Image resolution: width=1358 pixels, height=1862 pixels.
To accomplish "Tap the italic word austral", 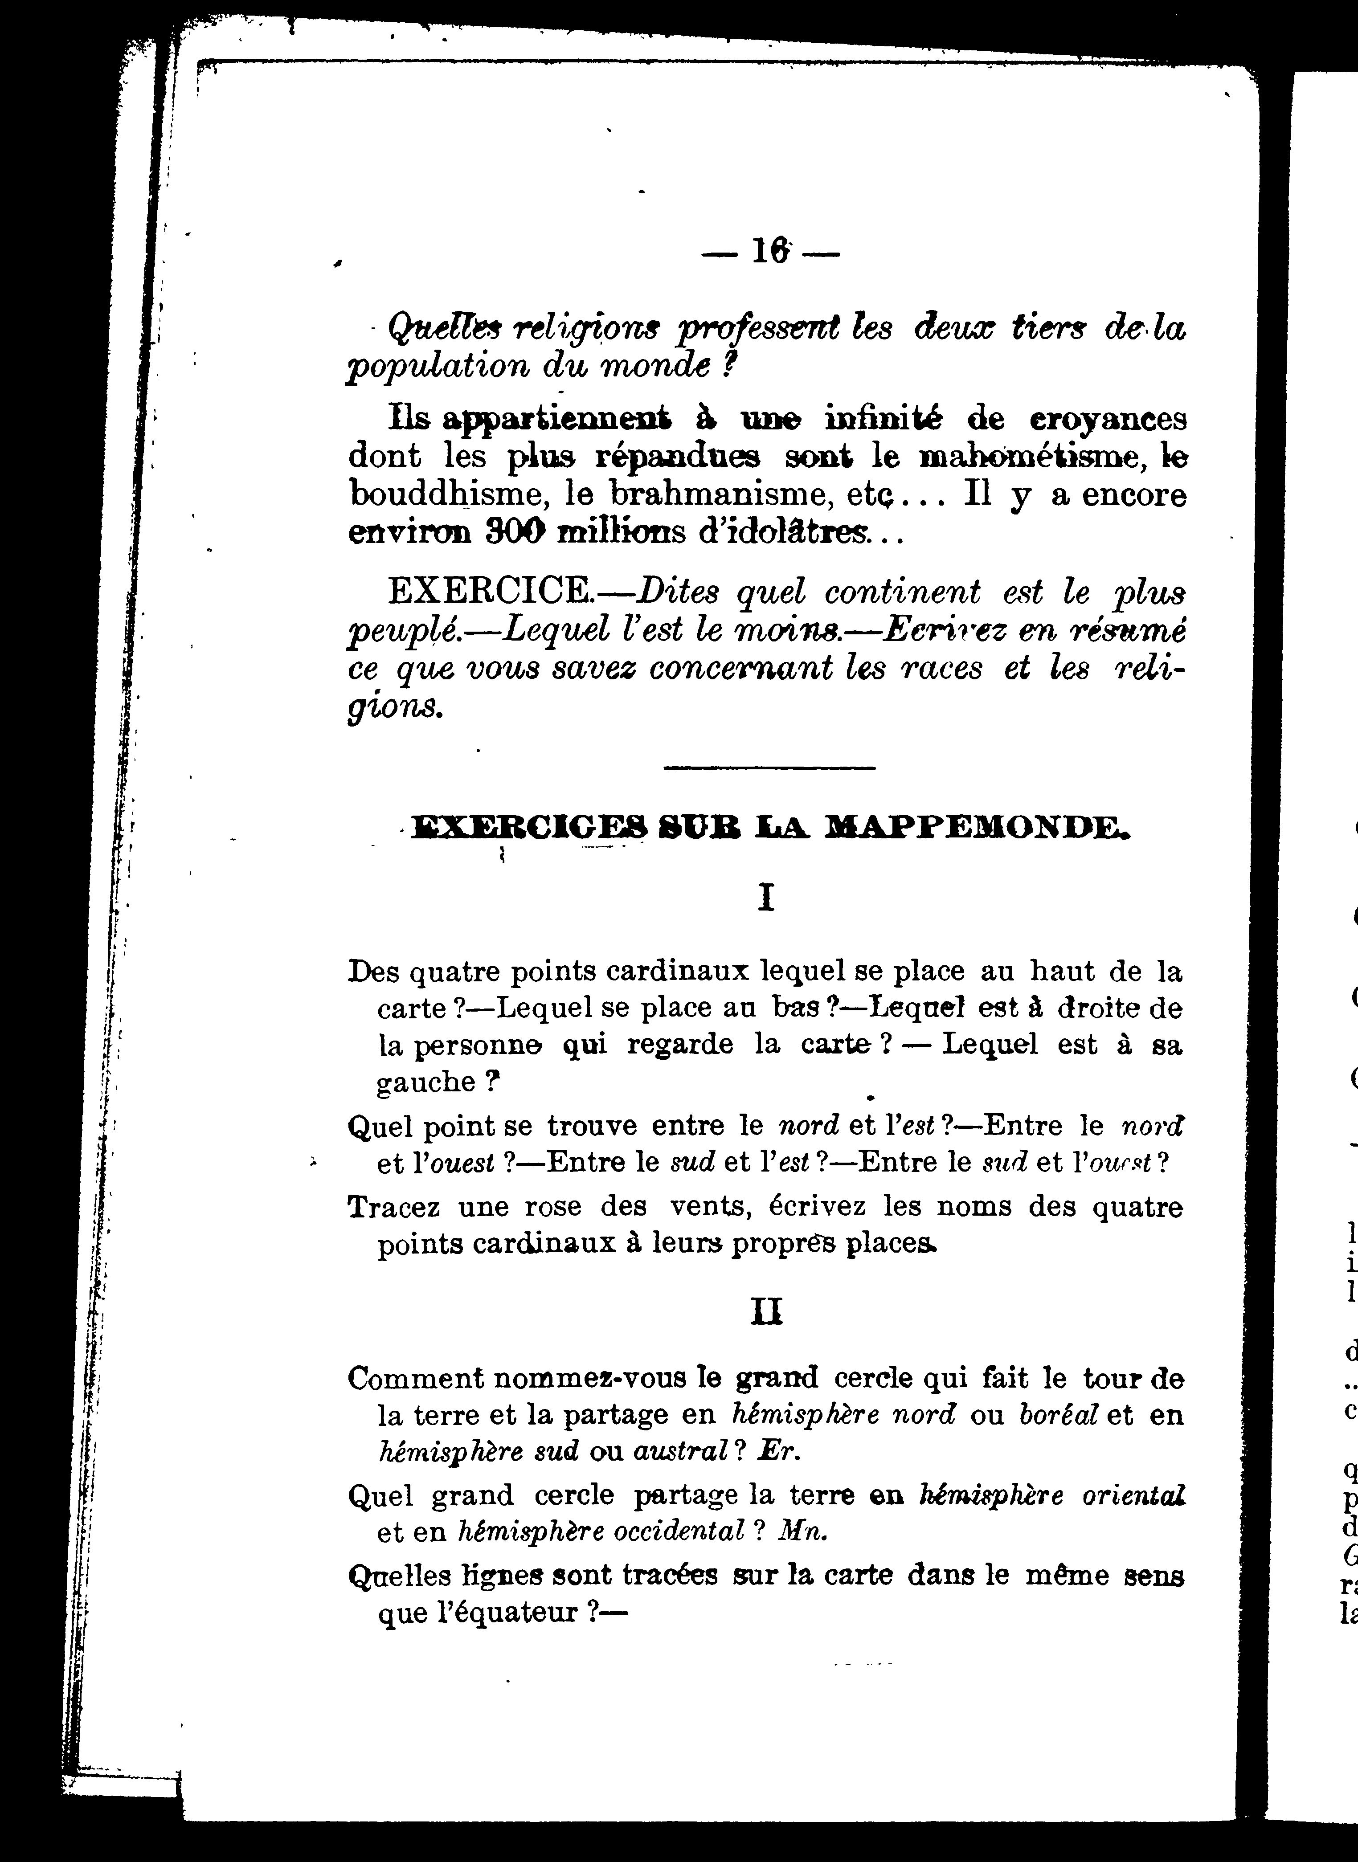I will pyautogui.click(x=681, y=1451).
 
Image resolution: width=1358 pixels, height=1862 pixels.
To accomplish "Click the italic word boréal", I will pyautogui.click(x=1058, y=1414).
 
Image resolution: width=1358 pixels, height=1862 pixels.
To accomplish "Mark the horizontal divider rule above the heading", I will pyautogui.click(x=769, y=768).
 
